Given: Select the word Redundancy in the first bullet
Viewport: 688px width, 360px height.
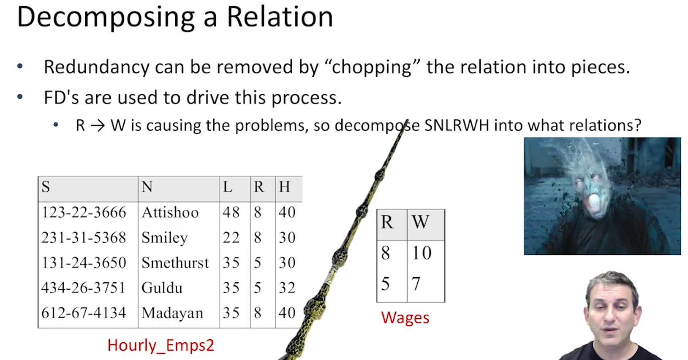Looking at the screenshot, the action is coord(96,68).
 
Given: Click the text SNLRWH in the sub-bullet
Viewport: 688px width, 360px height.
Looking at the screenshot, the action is coord(457,125).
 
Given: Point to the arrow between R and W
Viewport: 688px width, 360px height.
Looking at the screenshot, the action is coord(98,125).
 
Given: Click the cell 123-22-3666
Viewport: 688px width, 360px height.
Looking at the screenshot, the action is coord(84,212).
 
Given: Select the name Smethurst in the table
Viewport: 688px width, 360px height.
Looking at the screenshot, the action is coord(175,263).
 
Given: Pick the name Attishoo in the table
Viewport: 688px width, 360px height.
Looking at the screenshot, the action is coord(170,212).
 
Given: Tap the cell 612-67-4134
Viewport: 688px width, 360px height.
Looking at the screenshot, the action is coord(84,313).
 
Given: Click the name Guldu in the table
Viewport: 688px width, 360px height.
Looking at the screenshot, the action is coord(162,288).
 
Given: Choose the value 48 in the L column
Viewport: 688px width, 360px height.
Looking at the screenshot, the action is coord(231,212).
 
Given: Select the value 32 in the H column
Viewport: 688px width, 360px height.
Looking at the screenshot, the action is coord(287,288).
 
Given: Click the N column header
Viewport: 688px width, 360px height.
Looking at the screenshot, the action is coord(147,187).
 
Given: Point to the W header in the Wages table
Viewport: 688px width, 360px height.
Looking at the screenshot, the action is coord(420,222).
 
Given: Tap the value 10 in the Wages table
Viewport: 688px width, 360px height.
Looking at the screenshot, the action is coord(422,253).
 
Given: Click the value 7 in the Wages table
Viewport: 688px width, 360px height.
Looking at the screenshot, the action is coord(416,284).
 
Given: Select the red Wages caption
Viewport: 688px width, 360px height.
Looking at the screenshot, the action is coord(405,318).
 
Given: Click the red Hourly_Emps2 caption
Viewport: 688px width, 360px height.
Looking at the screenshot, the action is coord(160,345).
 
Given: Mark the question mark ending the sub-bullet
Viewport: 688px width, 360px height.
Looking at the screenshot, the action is coord(638,125).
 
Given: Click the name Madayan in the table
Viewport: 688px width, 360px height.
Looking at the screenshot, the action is coord(172,313).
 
